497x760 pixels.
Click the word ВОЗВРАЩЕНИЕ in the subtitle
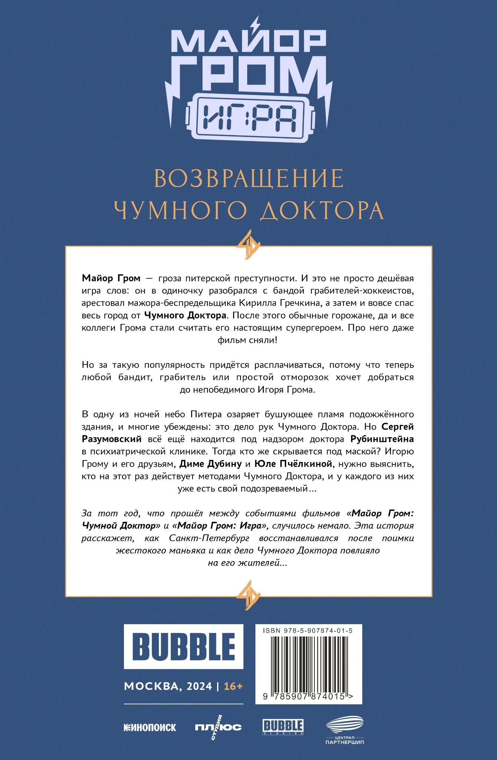(249, 179)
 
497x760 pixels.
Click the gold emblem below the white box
(248, 595)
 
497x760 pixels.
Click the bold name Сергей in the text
(398, 427)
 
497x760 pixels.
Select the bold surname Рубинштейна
(382, 439)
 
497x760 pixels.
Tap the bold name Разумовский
(112, 439)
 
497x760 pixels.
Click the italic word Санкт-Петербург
(209, 538)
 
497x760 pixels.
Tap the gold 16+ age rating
(233, 687)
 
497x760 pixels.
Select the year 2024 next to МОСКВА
(199, 687)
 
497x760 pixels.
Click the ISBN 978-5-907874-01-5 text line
(308, 630)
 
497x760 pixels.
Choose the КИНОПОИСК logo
(150, 727)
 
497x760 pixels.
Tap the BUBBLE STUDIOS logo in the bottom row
(283, 727)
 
